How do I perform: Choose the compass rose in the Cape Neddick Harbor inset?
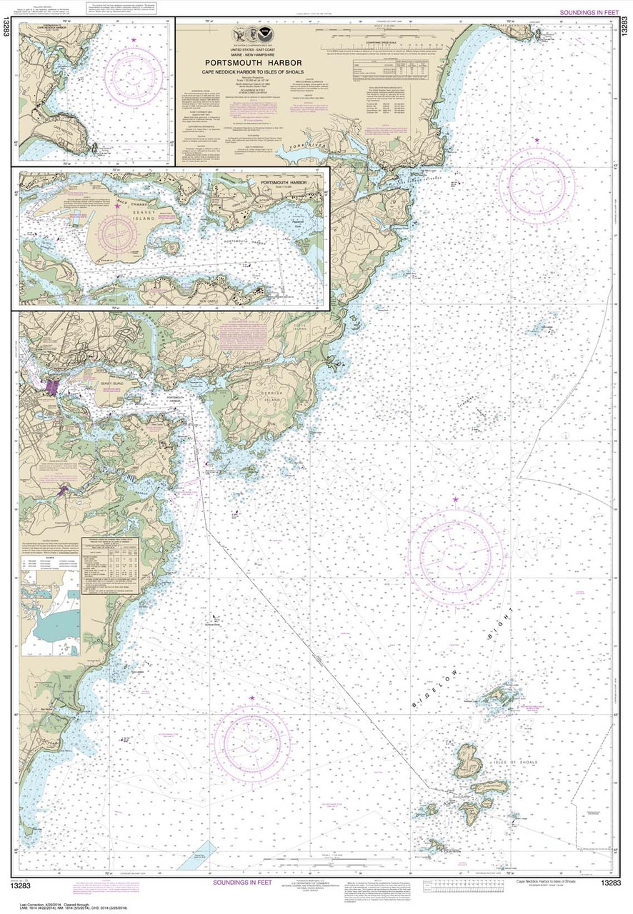133,71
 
